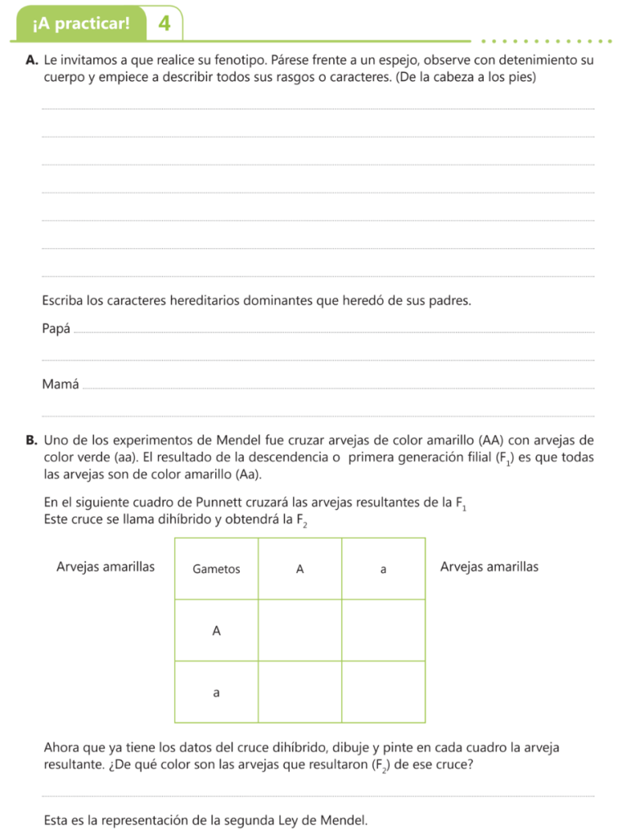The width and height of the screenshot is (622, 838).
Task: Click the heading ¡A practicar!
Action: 81,23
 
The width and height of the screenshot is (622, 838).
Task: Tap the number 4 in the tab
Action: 165,23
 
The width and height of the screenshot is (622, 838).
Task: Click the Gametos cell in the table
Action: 216,570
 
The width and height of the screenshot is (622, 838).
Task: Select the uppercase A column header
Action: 300,570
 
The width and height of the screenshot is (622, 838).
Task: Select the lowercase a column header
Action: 383,570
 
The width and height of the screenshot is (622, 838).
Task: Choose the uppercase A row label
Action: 216,630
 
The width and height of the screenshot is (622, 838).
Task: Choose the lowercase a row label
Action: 216,692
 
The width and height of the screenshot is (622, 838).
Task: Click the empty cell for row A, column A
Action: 300,630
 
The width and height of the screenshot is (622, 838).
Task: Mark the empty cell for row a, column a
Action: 383,692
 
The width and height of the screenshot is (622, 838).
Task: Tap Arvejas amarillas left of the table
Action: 106,566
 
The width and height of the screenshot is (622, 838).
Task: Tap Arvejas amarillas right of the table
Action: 489,566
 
